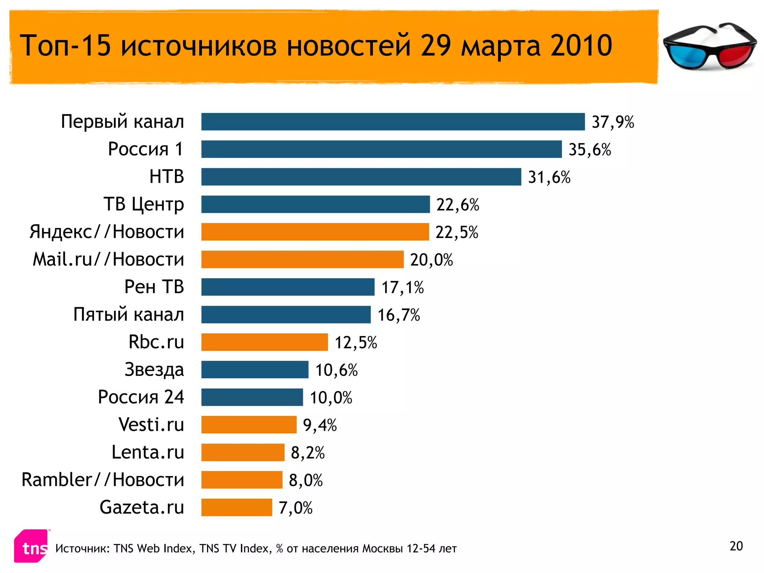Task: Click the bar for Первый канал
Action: point(393,122)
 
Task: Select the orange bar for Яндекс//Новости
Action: point(315,232)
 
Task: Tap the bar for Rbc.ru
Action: point(264,342)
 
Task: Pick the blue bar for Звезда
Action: point(255,370)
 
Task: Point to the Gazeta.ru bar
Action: point(237,507)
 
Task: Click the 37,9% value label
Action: point(613,122)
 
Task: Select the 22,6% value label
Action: point(458,205)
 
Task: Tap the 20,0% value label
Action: point(431,260)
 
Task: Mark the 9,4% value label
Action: point(320,425)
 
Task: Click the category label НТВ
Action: point(167,176)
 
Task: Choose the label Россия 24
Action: point(141,397)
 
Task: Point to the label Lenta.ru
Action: point(148,452)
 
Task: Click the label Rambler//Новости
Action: point(103,480)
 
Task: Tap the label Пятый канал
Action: point(128,314)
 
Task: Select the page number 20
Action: point(736,546)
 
